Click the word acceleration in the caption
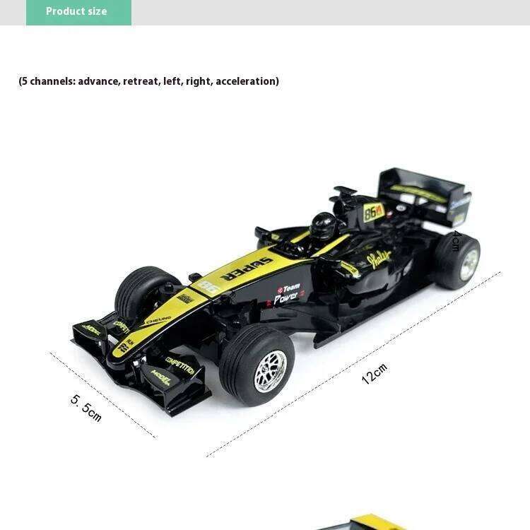[x=246, y=81]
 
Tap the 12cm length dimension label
[x=375, y=373]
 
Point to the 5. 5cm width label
[x=86, y=408]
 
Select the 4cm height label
[x=456, y=241]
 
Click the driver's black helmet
[x=324, y=224]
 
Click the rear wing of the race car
[x=424, y=192]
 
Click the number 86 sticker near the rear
[x=374, y=211]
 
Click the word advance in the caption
[x=98, y=81]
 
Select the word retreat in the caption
[x=141, y=81]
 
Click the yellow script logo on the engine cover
[x=379, y=259]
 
